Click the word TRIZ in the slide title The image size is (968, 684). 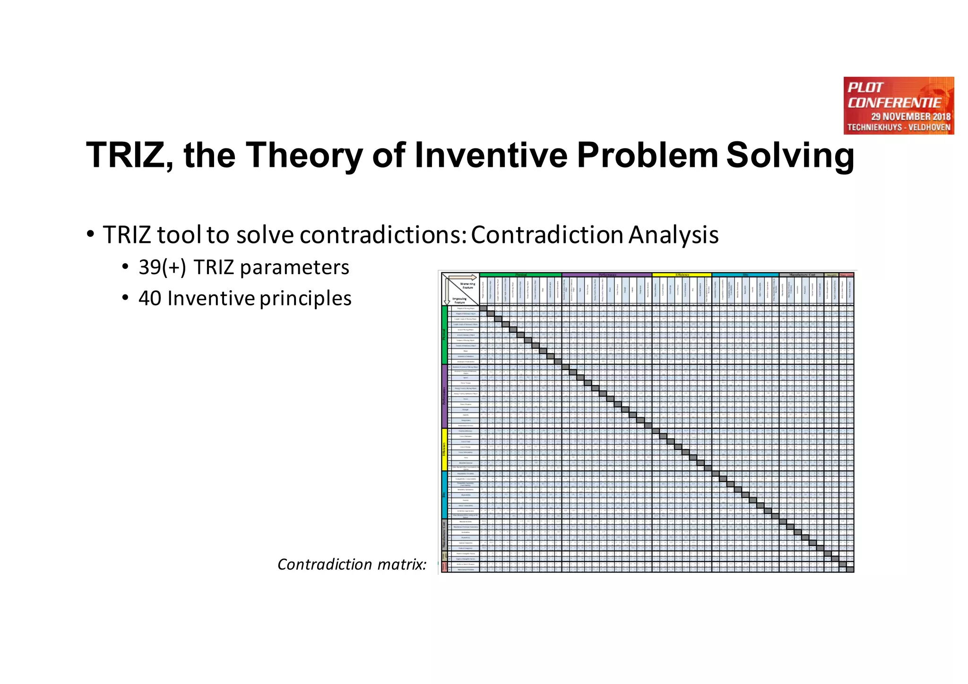click(124, 156)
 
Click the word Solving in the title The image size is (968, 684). click(790, 156)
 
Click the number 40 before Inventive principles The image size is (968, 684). click(150, 298)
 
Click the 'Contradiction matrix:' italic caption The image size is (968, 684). click(352, 564)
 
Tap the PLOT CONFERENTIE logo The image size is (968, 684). click(898, 105)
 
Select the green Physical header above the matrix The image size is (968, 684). click(520, 275)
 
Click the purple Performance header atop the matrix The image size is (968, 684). click(607, 275)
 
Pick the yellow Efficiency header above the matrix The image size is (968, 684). click(682, 275)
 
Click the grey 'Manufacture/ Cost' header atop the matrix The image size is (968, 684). click(802, 275)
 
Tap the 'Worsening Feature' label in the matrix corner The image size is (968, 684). click(467, 286)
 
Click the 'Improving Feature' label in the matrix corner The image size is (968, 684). click(459, 300)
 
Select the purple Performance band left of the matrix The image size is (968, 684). click(444, 396)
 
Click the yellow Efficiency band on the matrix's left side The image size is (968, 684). click(444, 449)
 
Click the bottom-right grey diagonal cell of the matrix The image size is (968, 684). click(850, 570)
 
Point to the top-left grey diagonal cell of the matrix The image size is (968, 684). click(483, 308)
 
